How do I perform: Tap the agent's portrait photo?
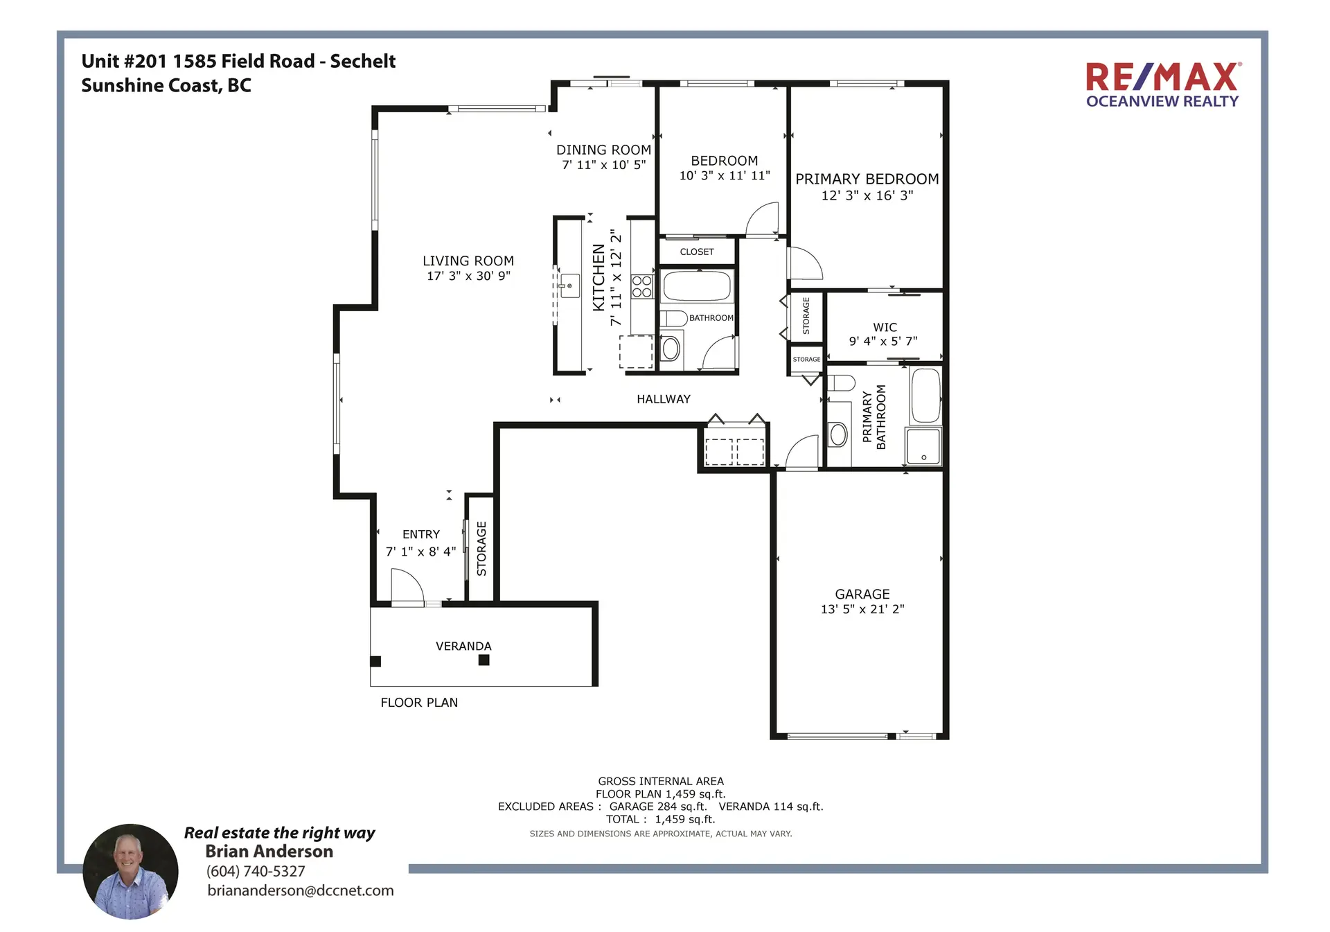(x=130, y=871)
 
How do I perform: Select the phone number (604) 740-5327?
(x=256, y=871)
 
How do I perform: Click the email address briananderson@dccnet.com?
(x=300, y=890)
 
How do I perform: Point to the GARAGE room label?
(x=862, y=594)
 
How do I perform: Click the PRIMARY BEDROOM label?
(x=867, y=179)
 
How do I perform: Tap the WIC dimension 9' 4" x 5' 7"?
(x=883, y=341)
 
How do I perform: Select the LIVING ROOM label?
(x=468, y=261)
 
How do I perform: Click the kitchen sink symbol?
(x=569, y=285)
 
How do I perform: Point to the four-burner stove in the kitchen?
(x=642, y=286)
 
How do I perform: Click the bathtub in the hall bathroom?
(x=696, y=286)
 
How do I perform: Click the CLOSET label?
(x=696, y=252)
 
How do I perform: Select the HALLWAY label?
(x=663, y=399)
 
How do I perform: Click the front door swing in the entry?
(x=407, y=588)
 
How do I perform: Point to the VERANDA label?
(x=463, y=646)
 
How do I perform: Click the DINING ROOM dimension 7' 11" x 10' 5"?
(x=603, y=165)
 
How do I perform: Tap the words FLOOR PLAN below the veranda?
(x=419, y=703)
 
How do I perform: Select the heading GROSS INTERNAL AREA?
(x=660, y=781)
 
